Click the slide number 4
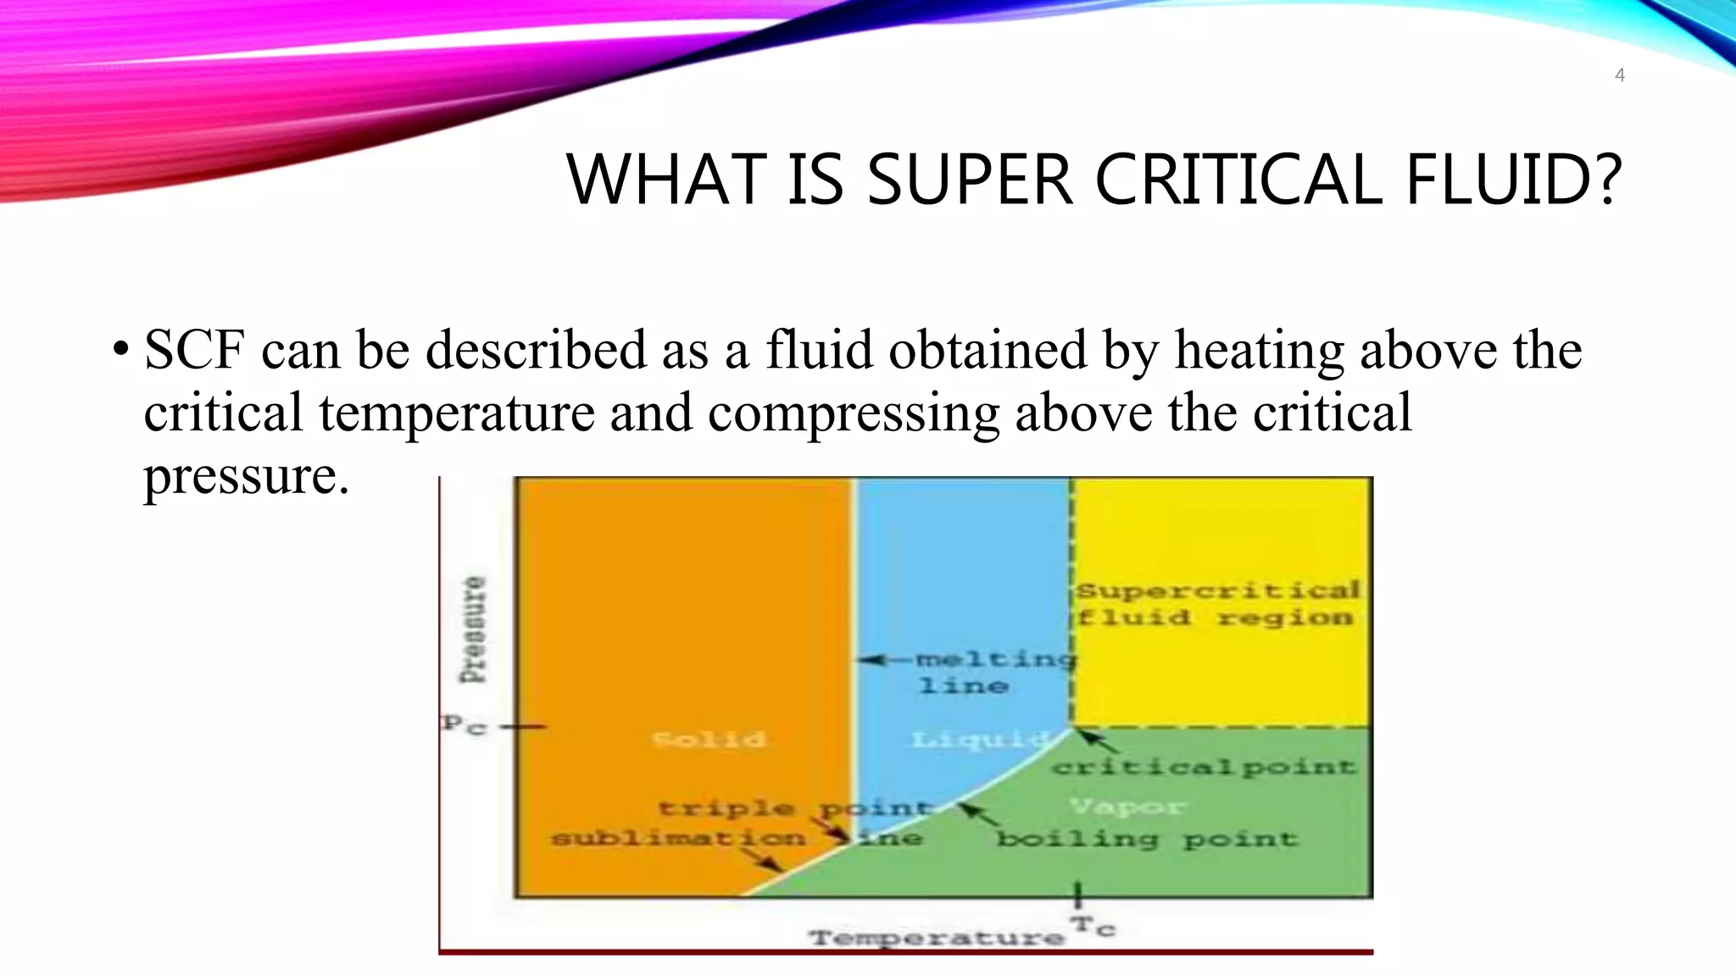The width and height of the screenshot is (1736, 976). point(1619,75)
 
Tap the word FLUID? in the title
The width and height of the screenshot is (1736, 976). point(1513,180)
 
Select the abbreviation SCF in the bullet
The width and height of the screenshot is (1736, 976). point(194,350)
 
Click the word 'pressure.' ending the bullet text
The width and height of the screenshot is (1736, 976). point(246,476)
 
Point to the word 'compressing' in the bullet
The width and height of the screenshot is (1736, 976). point(853,413)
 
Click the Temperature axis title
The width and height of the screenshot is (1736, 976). point(936,937)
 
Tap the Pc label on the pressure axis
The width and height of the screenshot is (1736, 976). point(464,725)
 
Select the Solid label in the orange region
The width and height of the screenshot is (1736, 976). point(709,739)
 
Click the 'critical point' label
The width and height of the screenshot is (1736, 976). point(1204,768)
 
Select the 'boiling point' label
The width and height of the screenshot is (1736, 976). point(1146,839)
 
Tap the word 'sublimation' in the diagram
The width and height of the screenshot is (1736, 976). point(678,839)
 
